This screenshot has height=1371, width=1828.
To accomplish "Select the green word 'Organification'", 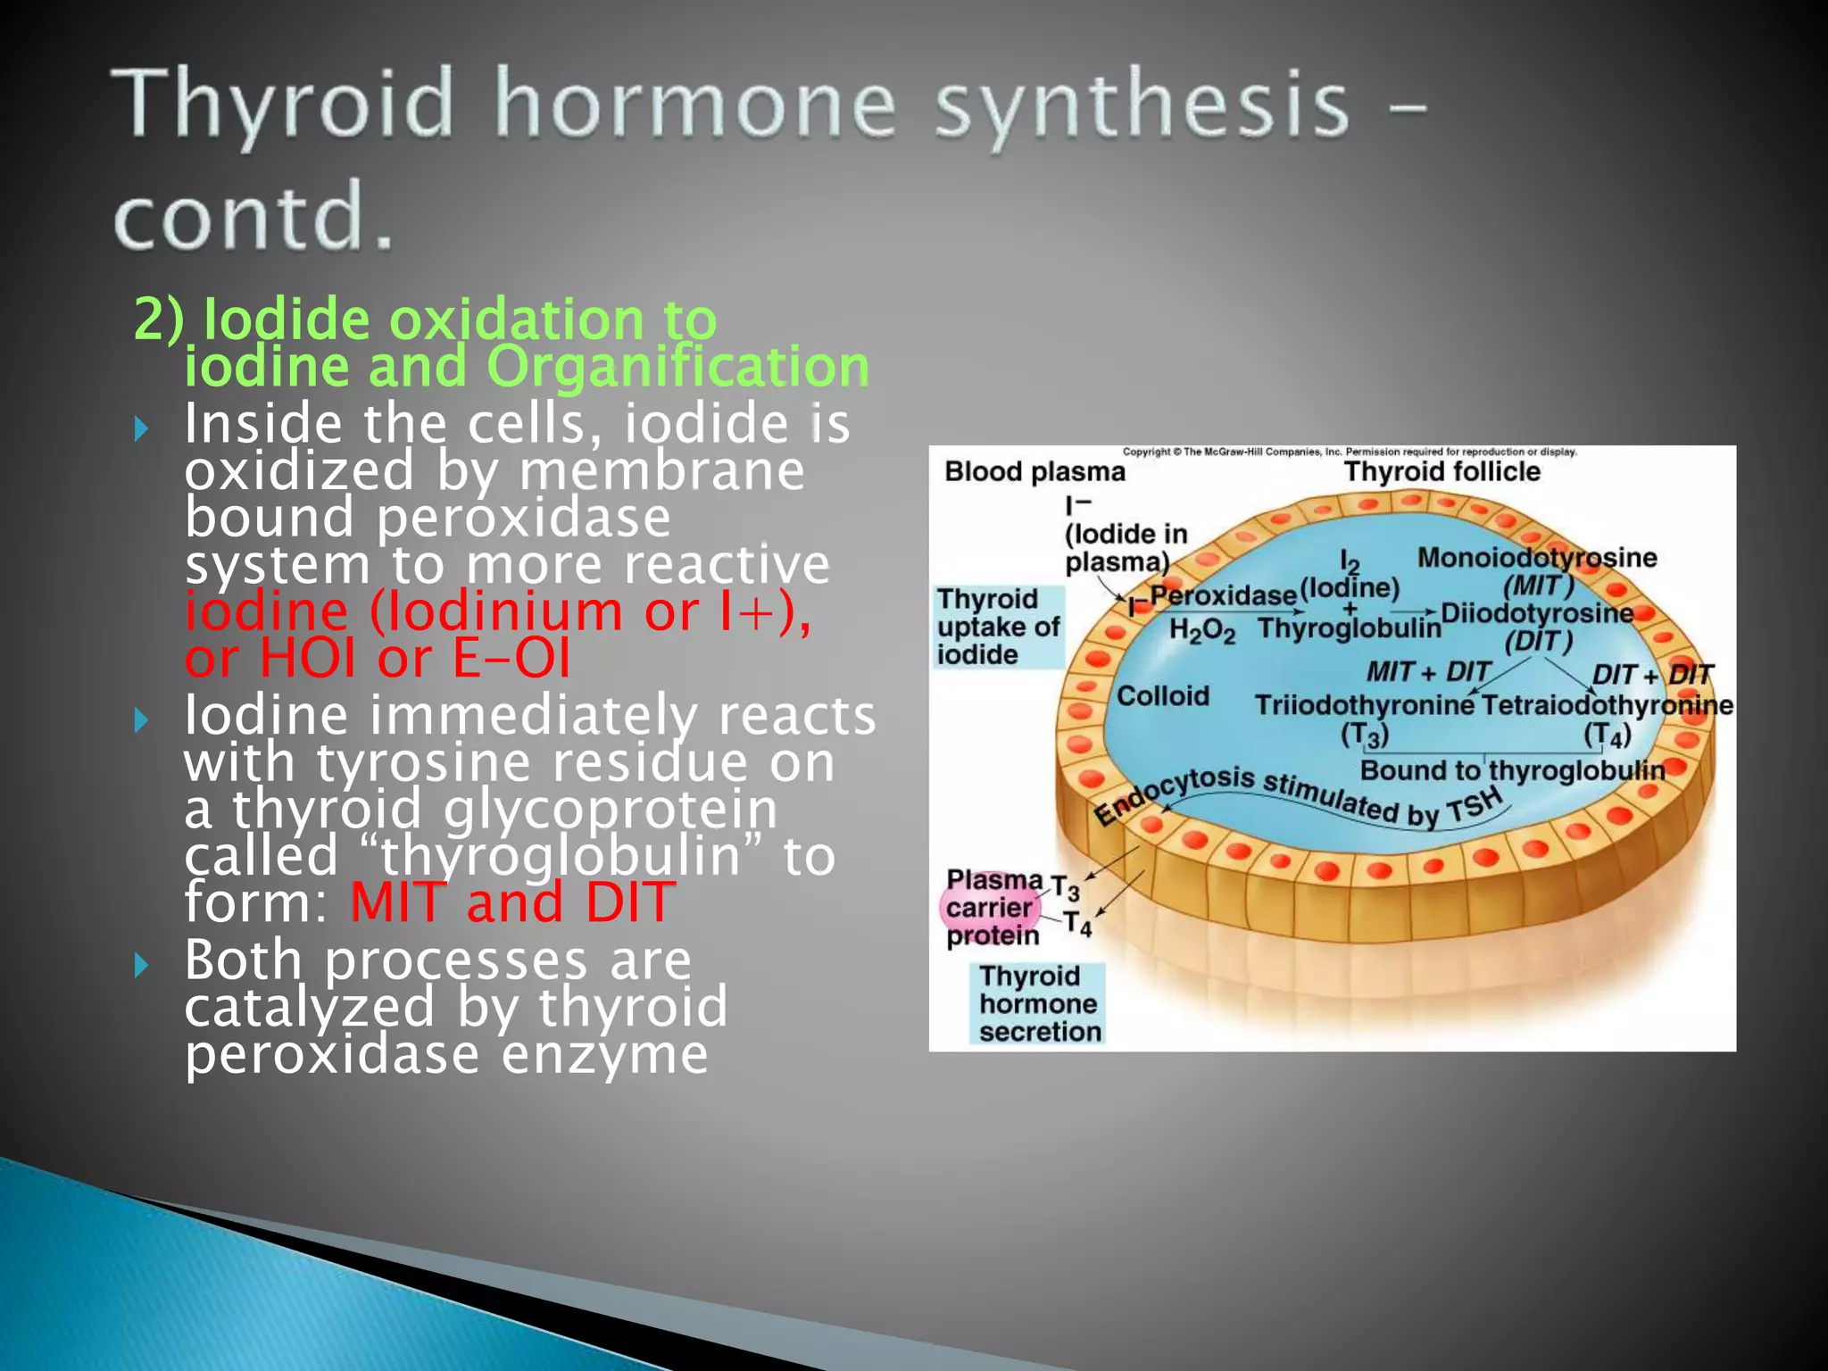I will [677, 367].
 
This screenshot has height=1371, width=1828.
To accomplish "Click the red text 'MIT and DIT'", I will [512, 902].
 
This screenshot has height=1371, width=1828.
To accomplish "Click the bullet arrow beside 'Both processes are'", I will [141, 964].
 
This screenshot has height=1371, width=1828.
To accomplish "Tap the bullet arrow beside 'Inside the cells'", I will [141, 429].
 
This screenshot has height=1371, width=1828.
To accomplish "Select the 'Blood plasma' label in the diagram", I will [1034, 471].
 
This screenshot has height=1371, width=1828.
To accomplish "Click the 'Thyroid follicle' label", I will [1442, 471].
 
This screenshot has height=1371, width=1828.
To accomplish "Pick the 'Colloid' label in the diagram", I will [1162, 695].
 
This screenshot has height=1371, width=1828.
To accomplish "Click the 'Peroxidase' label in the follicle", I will [1223, 595].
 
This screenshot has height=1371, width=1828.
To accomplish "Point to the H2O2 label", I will [1201, 630].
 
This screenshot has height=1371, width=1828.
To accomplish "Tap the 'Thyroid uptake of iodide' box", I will [998, 627].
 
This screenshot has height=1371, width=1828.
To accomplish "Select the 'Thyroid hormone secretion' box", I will [1037, 1003].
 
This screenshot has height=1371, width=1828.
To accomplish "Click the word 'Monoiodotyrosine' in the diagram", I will [1536, 558].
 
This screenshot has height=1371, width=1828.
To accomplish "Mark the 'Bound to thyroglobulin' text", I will [1512, 770].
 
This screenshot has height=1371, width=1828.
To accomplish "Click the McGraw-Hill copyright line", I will [1349, 452].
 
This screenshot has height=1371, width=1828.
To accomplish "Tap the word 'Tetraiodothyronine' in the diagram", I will [1607, 705].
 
